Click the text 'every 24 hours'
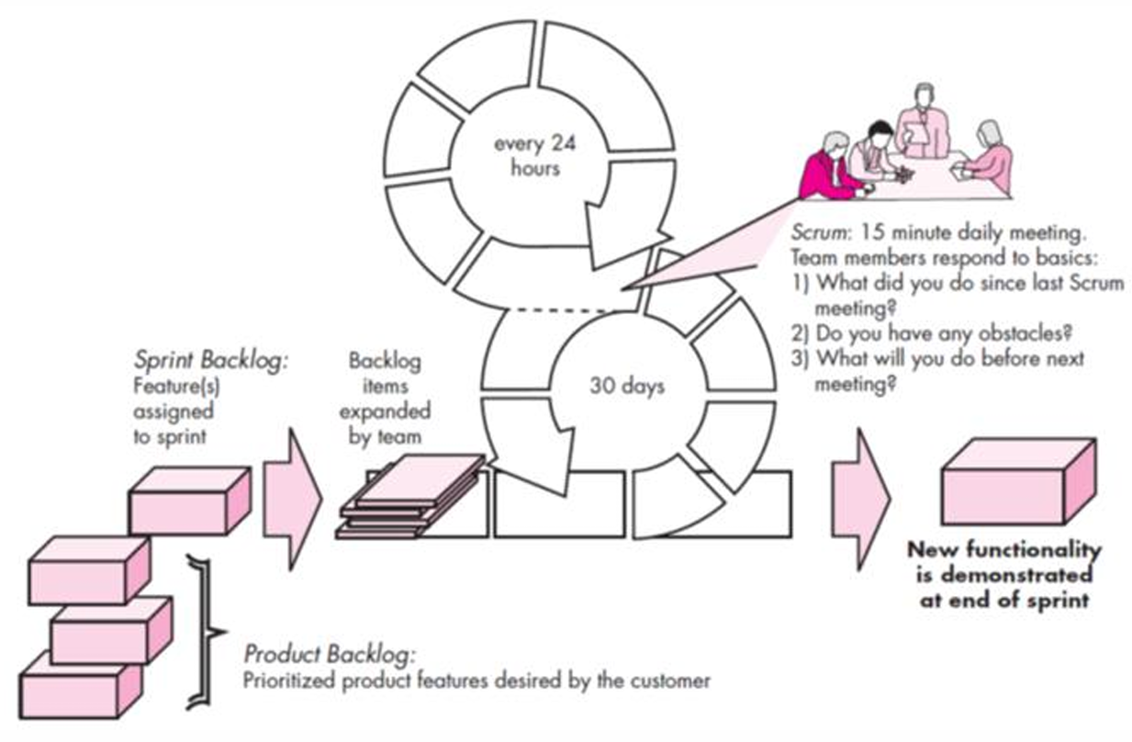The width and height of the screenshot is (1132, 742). coord(534,156)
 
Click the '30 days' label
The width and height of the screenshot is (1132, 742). coord(627,387)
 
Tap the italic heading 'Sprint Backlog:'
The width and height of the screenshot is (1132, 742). coord(211,361)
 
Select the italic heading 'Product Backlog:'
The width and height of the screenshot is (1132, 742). coord(330,655)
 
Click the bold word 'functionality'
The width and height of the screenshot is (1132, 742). coord(1034,549)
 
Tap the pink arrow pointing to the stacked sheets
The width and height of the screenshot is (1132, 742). coord(293,500)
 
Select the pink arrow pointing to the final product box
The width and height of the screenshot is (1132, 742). coord(861,500)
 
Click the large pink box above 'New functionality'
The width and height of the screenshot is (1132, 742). coord(1019,482)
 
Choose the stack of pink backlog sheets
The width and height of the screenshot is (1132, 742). coord(409,497)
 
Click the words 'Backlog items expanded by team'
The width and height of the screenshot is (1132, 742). coord(385,399)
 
